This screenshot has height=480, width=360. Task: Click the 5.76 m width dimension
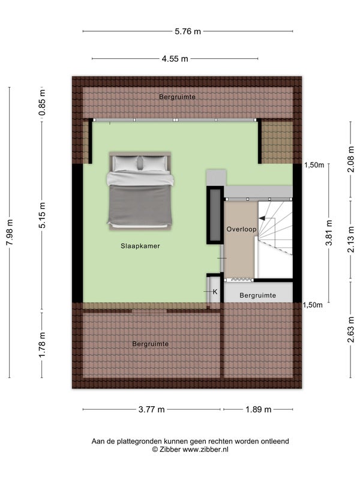pyautogui.click(x=188, y=31)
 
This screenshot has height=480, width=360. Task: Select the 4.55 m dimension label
pyautogui.click(x=175, y=59)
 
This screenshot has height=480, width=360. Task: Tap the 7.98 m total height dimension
pyautogui.click(x=10, y=232)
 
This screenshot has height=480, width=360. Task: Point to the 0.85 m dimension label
pyautogui.click(x=42, y=102)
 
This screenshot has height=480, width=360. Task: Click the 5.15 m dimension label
pyautogui.click(x=42, y=215)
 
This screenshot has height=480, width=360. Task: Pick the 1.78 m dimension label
pyautogui.click(x=42, y=344)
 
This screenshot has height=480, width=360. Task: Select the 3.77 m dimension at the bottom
pyautogui.click(x=152, y=409)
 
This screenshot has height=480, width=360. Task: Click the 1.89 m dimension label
pyautogui.click(x=259, y=409)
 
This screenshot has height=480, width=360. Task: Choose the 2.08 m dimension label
pyautogui.click(x=351, y=159)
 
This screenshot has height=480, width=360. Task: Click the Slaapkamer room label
pyautogui.click(x=140, y=246)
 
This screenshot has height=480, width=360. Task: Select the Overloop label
pyautogui.click(x=241, y=229)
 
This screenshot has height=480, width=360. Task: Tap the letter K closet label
pyautogui.click(x=215, y=292)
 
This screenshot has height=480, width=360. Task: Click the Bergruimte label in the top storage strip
pyautogui.click(x=177, y=97)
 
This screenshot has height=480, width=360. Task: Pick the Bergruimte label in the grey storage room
pyautogui.click(x=258, y=295)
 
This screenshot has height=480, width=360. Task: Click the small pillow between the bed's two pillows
pyautogui.click(x=140, y=163)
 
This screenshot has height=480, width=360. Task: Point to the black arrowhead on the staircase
pyautogui.click(x=262, y=218)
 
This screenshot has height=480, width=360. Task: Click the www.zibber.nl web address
pyautogui.click(x=205, y=449)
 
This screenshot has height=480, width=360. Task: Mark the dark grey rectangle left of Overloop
pyautogui.click(x=215, y=215)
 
